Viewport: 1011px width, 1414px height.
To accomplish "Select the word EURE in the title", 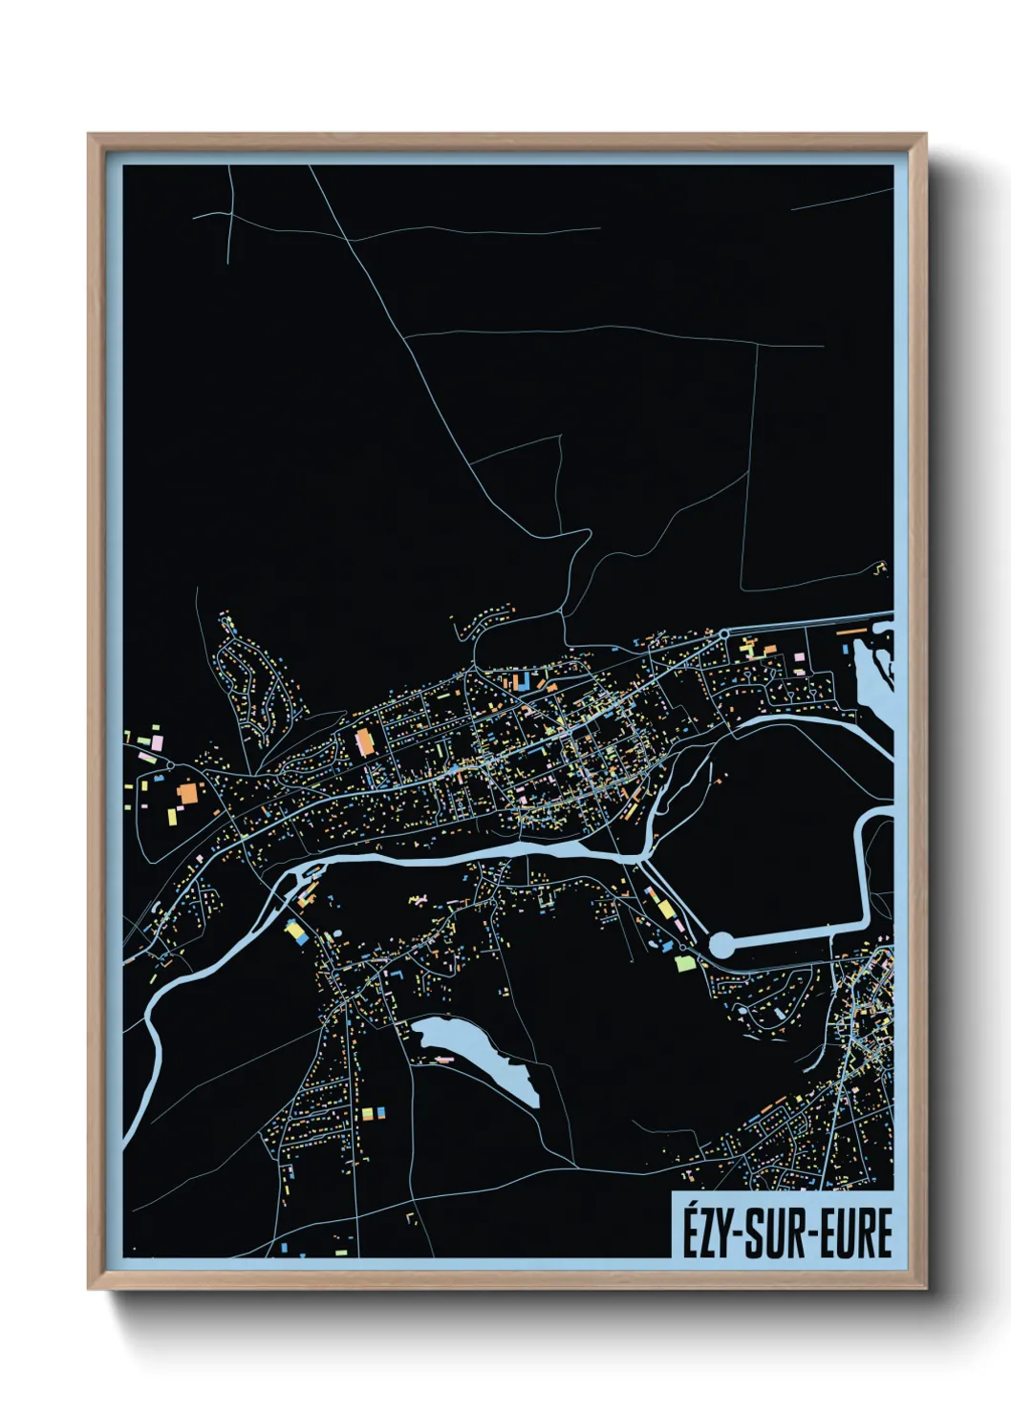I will pyautogui.click(x=852, y=1232).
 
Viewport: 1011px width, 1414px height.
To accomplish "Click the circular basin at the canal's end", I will pyautogui.click(x=723, y=946).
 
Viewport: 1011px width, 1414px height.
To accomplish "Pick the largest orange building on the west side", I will pyautogui.click(x=188, y=793).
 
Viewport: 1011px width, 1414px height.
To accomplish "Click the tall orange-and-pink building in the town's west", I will pyautogui.click(x=364, y=742).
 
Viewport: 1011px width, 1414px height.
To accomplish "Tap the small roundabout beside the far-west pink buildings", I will pyautogui.click(x=169, y=765).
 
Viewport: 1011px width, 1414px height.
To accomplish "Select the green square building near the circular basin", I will pyautogui.click(x=682, y=963).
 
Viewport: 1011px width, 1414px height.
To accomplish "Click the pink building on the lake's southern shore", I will pyautogui.click(x=443, y=1060).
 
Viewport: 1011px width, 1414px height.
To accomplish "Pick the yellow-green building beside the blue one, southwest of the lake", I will pyautogui.click(x=367, y=1113).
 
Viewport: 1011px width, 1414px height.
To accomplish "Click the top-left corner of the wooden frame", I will pyautogui.click(x=90, y=135).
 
